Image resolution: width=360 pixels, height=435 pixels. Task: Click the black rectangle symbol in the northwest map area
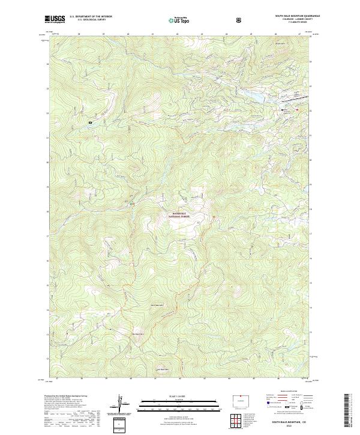90,122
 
